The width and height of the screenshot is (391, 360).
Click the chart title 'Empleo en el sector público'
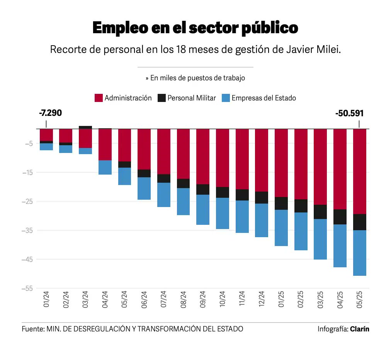tap(195, 28)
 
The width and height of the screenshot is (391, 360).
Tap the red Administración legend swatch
tap(99, 98)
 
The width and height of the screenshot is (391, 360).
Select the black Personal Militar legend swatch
tap(161, 98)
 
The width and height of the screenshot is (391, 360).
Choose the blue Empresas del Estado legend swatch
tap(226, 98)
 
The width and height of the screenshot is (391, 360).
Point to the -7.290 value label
tap(50, 113)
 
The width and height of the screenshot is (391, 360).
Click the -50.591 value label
tap(349, 113)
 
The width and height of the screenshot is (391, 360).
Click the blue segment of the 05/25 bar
tap(360, 253)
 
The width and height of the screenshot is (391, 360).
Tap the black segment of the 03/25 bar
tap(320, 212)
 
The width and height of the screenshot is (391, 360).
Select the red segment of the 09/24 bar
tap(203, 156)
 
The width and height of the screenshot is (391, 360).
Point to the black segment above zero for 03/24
tap(85, 127)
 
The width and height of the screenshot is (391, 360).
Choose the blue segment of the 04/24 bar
tap(105, 167)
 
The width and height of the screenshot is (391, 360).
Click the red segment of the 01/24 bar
tap(46, 135)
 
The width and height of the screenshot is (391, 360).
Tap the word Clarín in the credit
tap(359, 329)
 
